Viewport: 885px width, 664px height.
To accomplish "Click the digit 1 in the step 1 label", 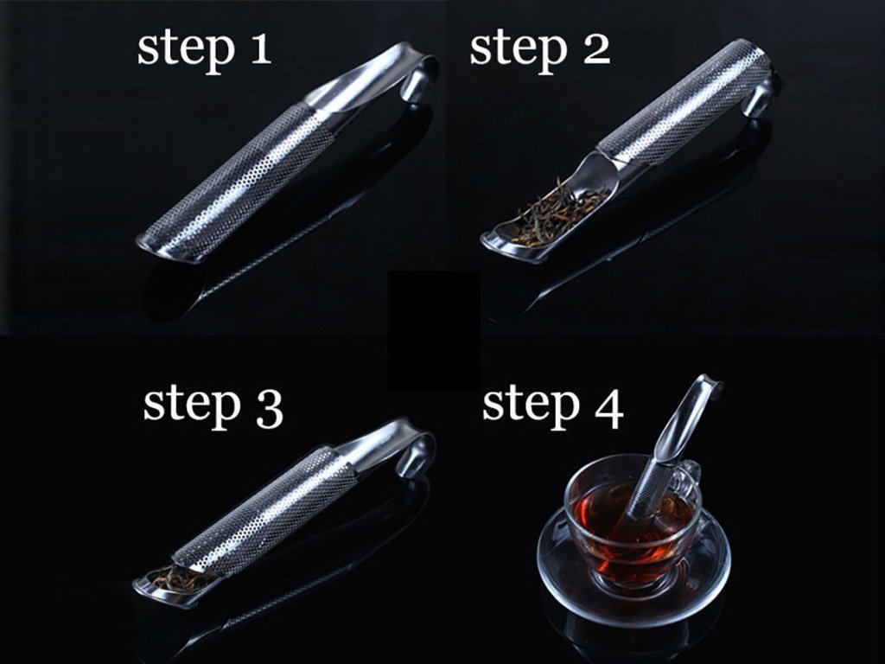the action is tap(261, 48).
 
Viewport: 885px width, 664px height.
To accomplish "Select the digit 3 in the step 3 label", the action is tap(269, 409).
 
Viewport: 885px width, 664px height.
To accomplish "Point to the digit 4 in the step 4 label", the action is tap(608, 409).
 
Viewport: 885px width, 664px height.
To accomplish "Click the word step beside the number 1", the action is tap(186, 52).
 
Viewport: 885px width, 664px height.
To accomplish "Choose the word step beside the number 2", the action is tap(519, 52).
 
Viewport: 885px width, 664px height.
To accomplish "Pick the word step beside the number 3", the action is tap(192, 408).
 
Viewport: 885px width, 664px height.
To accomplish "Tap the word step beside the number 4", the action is tap(532, 408).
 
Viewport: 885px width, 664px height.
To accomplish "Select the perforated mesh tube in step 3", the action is tap(265, 511).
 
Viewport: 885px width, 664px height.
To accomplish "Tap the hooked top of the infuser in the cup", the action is tap(704, 390).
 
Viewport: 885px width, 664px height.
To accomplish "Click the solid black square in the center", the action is tap(434, 331).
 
